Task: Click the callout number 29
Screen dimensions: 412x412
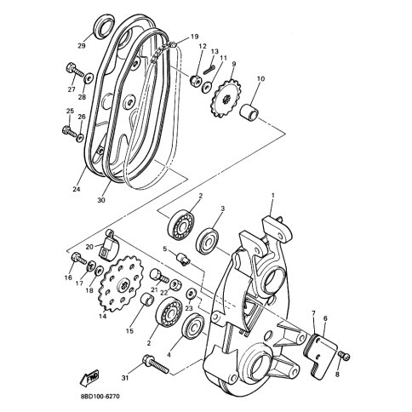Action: click(x=82, y=45)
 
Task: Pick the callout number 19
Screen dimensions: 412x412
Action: click(x=194, y=37)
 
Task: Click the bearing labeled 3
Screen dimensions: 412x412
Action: click(x=207, y=241)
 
